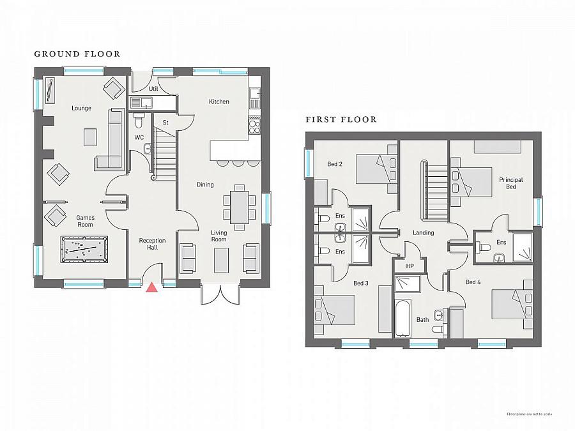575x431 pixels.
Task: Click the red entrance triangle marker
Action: pyautogui.click(x=151, y=287)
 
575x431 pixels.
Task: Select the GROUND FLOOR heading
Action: pyautogui.click(x=77, y=54)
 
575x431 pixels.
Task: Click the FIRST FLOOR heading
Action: pyautogui.click(x=341, y=119)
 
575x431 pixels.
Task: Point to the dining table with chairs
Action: pyautogui.click(x=240, y=207)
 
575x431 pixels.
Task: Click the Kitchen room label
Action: pyautogui.click(x=218, y=102)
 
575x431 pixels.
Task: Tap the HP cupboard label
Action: pyautogui.click(x=402, y=266)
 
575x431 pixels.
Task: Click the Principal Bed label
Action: pyautogui.click(x=511, y=183)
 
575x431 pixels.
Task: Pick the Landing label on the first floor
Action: pyautogui.click(x=423, y=232)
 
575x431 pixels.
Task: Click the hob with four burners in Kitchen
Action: pyautogui.click(x=254, y=125)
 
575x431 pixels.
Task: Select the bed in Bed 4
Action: pyautogui.click(x=512, y=303)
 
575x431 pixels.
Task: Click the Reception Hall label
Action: pyautogui.click(x=152, y=244)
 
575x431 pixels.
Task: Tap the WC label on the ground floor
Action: pyautogui.click(x=139, y=137)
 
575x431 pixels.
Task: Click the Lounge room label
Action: pyautogui.click(x=81, y=108)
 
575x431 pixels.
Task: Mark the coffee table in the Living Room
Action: pyautogui.click(x=221, y=259)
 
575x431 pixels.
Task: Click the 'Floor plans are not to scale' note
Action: pyautogui.click(x=530, y=414)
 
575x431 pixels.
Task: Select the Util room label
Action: pyautogui.click(x=153, y=89)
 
